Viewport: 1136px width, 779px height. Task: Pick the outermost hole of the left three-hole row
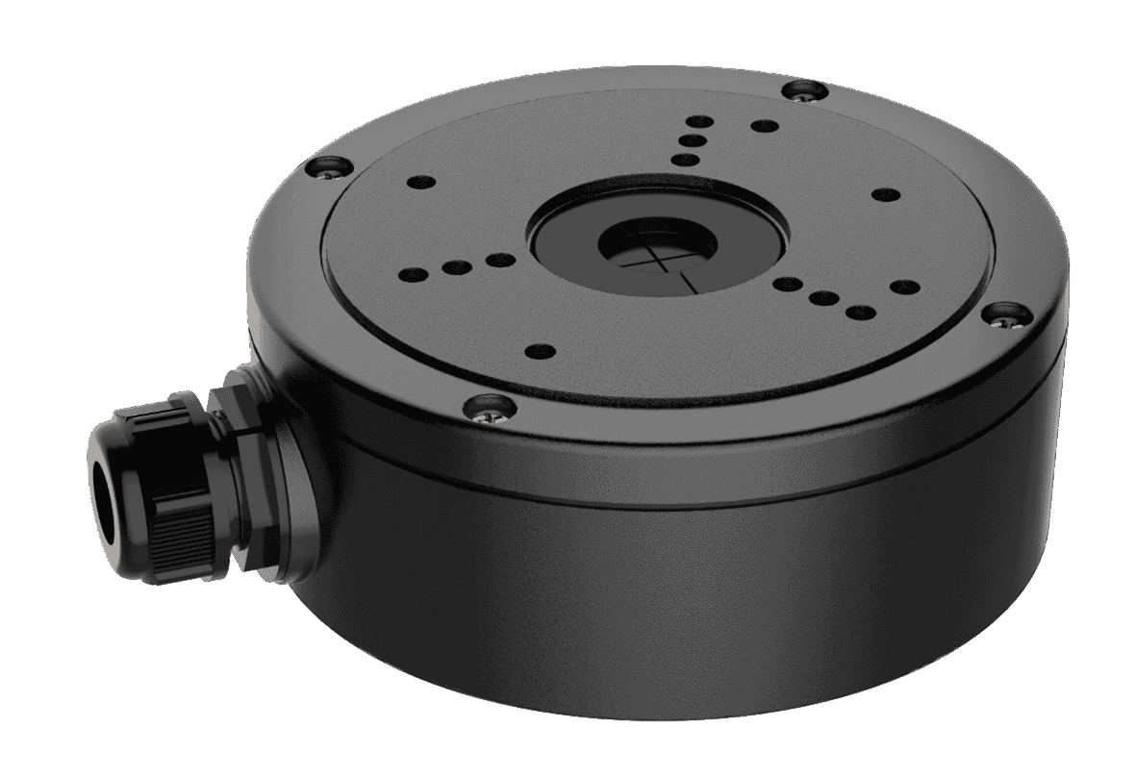(x=413, y=272)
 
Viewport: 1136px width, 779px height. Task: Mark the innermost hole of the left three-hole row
(x=497, y=259)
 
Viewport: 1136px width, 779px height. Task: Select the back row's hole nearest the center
(x=684, y=162)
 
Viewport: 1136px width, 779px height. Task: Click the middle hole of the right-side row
(x=823, y=297)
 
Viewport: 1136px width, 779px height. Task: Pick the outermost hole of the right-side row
(x=859, y=311)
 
